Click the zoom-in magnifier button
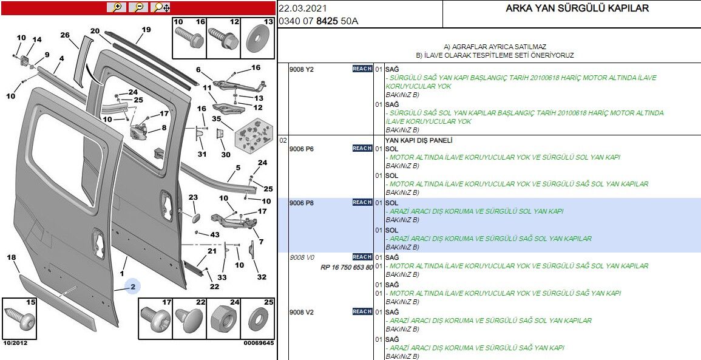point(116,7)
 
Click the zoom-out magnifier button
point(138,7)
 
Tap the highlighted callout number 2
point(133,286)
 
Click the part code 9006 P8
point(302,203)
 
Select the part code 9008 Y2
point(302,69)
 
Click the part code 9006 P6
point(302,149)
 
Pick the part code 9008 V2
point(302,312)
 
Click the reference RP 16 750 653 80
point(347,267)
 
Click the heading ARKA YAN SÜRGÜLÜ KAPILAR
point(577,8)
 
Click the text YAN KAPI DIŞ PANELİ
point(419,140)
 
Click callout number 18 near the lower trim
point(11,258)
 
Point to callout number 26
point(65,35)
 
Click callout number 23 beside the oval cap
point(193,198)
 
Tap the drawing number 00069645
point(259,343)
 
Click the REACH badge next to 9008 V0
point(362,257)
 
